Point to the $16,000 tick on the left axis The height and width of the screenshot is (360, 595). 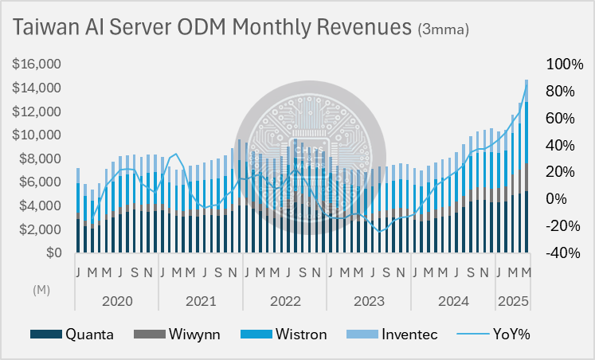tap(37, 64)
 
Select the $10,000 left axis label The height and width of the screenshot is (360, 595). tap(37, 135)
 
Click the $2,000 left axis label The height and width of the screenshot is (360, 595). tap(40, 229)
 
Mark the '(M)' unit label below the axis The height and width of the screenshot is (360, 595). tap(41, 292)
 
